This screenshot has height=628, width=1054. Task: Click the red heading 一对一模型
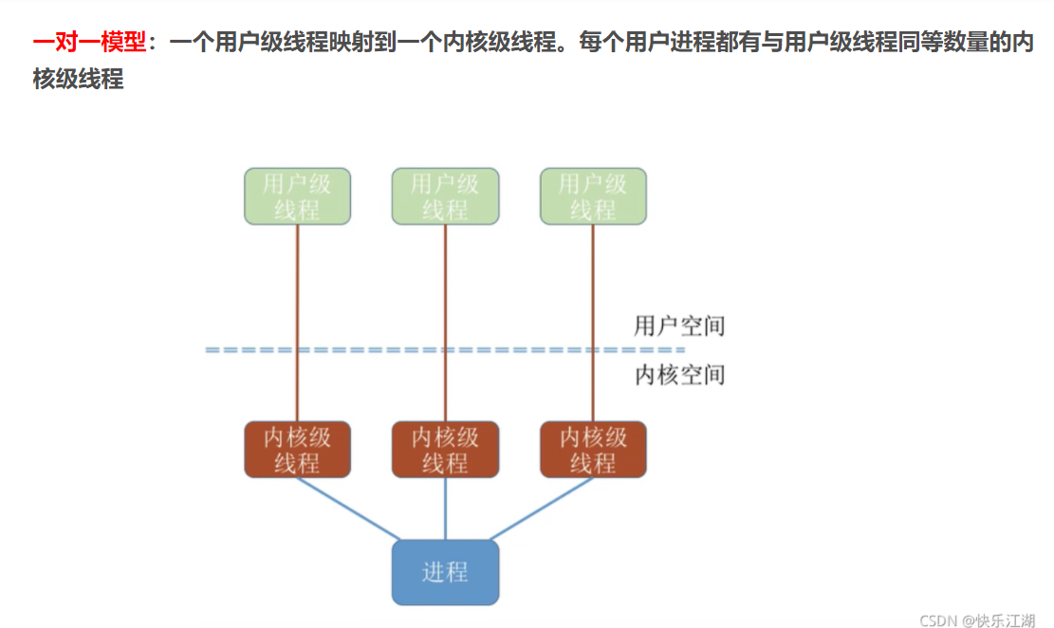[x=89, y=44]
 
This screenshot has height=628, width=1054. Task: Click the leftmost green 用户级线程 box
[x=297, y=196]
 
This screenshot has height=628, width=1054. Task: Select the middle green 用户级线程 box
[x=445, y=196]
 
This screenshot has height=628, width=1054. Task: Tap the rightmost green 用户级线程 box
[x=593, y=196]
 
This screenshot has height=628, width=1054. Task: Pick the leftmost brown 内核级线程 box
[x=297, y=450]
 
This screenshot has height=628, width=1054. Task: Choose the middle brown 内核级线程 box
[x=445, y=450]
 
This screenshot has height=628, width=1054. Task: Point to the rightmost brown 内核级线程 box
[x=593, y=450]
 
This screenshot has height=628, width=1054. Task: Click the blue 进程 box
[x=445, y=572]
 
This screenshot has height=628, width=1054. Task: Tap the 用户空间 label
[x=679, y=326]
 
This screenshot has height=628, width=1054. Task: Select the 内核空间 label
[x=679, y=375]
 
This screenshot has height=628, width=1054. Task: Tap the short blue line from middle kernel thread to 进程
[x=445, y=508]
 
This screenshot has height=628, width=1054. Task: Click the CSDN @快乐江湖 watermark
[x=977, y=619]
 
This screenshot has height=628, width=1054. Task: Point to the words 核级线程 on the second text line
[x=78, y=80]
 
